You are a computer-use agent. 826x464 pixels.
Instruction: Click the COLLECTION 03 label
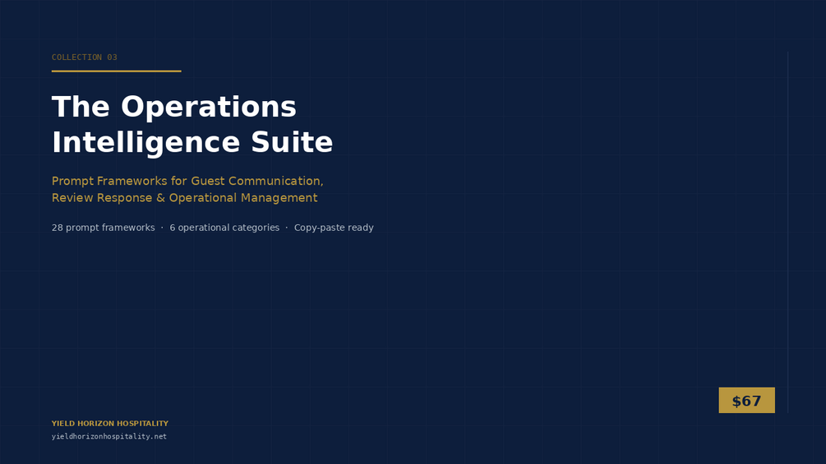coord(85,57)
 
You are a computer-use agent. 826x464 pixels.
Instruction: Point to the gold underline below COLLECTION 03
coord(117,71)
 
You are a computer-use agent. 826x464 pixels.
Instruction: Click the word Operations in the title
coord(209,108)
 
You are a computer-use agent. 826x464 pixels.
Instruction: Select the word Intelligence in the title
coord(146,143)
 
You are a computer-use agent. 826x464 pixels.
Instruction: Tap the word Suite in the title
coord(292,143)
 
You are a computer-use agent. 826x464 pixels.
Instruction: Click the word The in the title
coord(81,107)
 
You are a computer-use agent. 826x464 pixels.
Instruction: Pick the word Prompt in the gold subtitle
coord(72,181)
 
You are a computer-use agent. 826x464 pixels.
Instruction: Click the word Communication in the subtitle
coord(275,181)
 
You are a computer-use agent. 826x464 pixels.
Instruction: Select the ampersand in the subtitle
coord(160,198)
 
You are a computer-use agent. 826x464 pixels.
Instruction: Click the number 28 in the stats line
coord(57,227)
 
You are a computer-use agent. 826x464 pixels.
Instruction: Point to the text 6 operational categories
coord(224,227)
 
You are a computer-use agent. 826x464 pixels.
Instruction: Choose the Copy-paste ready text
coord(334,227)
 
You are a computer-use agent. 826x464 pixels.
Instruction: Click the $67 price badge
coord(746,400)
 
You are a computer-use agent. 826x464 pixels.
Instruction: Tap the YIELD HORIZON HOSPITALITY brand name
coord(110,424)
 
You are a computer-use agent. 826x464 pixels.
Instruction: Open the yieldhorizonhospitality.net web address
coord(109,436)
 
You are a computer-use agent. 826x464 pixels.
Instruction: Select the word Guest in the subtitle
coord(208,181)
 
